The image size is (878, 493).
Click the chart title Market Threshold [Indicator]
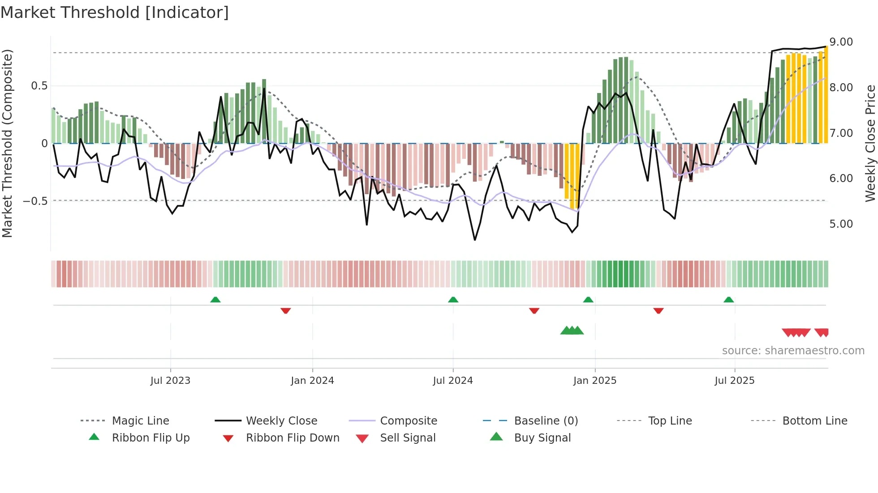(x=115, y=13)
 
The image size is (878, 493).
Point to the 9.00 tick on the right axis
(x=841, y=42)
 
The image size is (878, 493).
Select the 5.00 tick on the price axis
(x=841, y=224)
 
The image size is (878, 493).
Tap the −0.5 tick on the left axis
(x=35, y=201)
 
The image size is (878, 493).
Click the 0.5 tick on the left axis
(x=39, y=86)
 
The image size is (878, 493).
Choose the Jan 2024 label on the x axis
(x=312, y=381)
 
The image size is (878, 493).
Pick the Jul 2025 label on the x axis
(x=734, y=381)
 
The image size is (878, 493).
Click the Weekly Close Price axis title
(x=870, y=143)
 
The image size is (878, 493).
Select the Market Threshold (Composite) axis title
(x=7, y=143)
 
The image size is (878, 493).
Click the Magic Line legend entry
(x=140, y=421)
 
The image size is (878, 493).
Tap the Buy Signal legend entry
(x=542, y=438)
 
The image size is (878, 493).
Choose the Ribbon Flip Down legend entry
(x=293, y=438)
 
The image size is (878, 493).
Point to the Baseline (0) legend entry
(x=546, y=421)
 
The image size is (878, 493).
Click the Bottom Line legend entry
(x=814, y=421)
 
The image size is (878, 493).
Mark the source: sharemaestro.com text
(x=793, y=351)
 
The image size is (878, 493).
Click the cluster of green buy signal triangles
(x=572, y=331)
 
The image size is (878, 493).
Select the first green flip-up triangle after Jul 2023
(x=215, y=300)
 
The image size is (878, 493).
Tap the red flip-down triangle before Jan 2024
(x=286, y=310)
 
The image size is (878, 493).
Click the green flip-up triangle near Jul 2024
(x=453, y=300)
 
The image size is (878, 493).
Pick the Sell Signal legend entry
(x=407, y=438)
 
